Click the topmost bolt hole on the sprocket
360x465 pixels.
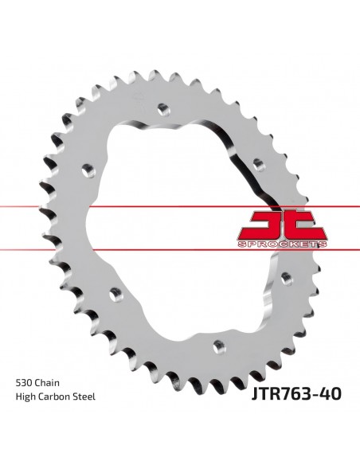click(x=164, y=110)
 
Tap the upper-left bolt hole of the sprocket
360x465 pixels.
click(x=88, y=171)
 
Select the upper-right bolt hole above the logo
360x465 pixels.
click(x=259, y=165)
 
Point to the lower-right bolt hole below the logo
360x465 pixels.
click(x=287, y=279)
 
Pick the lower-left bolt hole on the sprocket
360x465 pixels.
click(x=116, y=295)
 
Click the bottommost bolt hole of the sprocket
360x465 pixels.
click(x=219, y=346)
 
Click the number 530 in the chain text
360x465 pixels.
click(x=24, y=383)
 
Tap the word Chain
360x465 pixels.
click(x=48, y=383)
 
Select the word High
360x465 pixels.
click(x=25, y=397)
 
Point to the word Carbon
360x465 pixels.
click(x=53, y=397)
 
